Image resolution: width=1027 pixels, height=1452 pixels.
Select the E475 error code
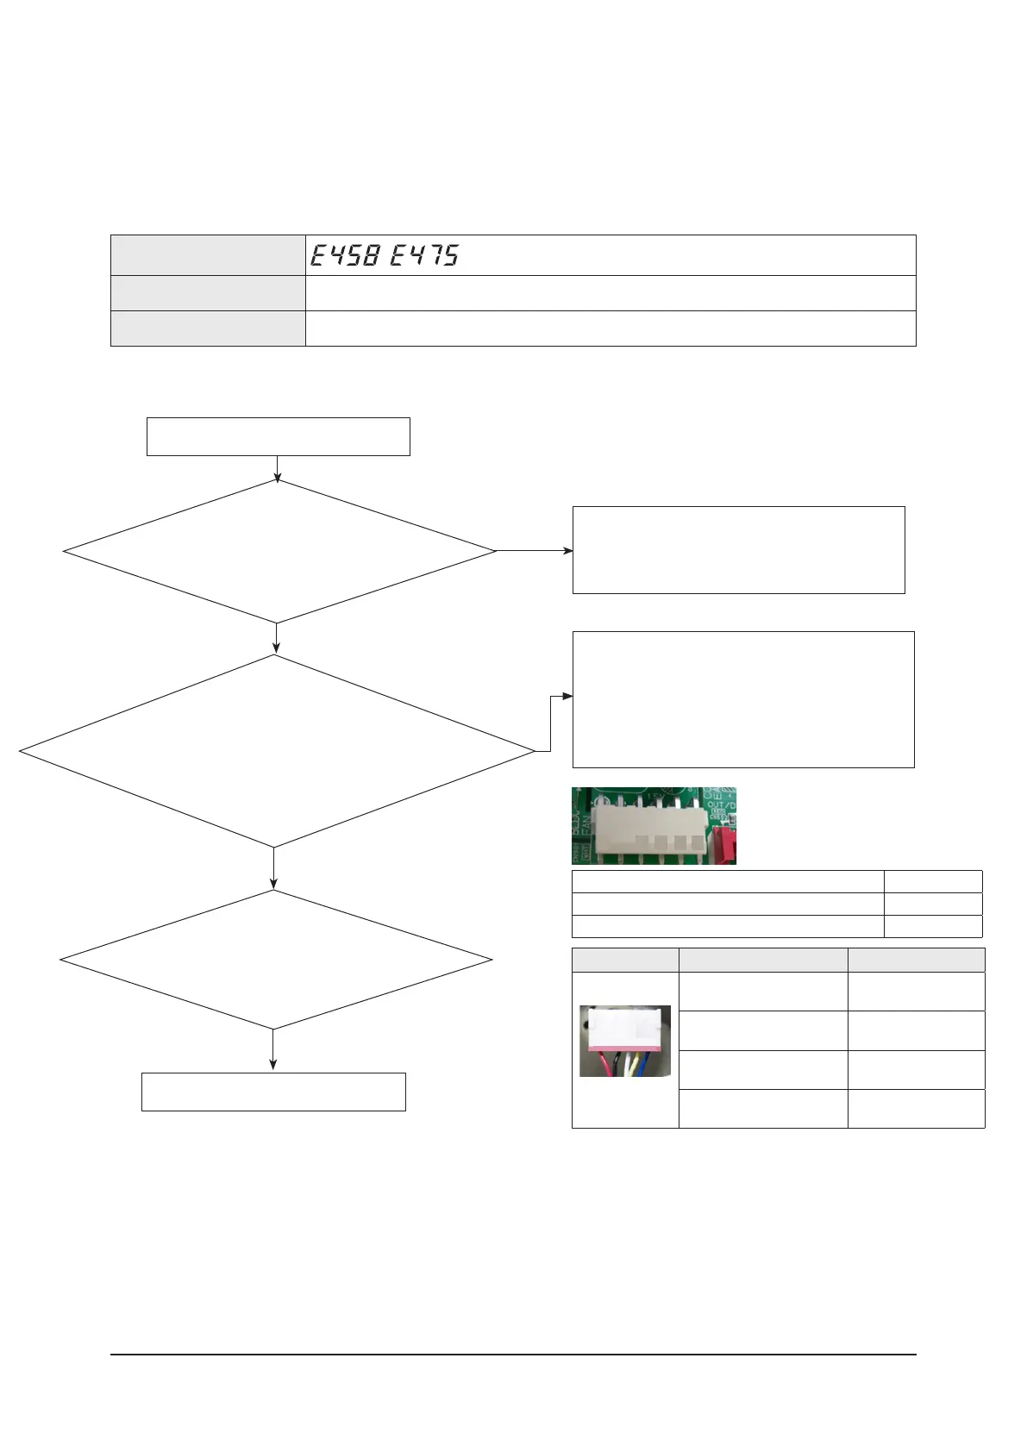click(424, 255)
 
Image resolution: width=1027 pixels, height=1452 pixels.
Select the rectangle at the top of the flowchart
click(278, 436)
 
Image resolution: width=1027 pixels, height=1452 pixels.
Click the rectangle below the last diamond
click(273, 1092)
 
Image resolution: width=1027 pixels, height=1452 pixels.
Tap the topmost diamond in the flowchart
click(279, 551)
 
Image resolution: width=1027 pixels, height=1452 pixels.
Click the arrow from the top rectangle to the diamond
click(278, 468)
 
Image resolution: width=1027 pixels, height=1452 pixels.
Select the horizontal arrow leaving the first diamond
click(535, 550)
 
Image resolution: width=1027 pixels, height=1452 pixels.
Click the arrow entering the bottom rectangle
click(273, 1051)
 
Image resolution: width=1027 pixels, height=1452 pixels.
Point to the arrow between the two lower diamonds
click(273, 868)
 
